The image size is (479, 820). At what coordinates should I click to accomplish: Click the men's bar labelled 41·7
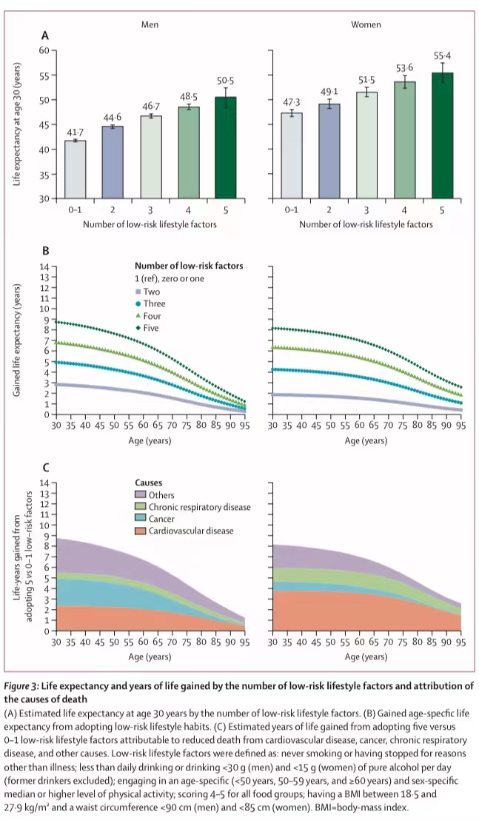[76, 169]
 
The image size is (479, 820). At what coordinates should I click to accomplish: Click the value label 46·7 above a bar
[152, 107]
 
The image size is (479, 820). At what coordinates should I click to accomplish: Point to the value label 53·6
[404, 68]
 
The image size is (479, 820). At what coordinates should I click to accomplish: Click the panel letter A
[45, 35]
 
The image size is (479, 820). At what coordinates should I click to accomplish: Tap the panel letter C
[45, 468]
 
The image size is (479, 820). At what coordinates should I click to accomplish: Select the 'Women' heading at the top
[366, 24]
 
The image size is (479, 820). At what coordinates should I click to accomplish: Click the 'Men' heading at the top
[151, 24]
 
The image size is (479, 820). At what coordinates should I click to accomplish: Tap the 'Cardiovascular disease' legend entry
[190, 531]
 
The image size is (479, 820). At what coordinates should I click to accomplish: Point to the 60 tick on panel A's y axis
[44, 50]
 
